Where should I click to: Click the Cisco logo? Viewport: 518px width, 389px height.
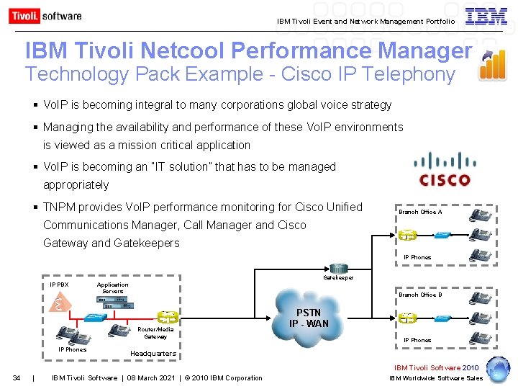coord(445,171)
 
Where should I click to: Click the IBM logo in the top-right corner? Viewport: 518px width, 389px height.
coord(486,17)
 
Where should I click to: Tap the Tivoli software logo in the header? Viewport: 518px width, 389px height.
coord(45,16)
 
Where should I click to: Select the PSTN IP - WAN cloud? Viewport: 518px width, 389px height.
coord(309,317)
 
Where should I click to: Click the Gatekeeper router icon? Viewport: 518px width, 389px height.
coord(338,268)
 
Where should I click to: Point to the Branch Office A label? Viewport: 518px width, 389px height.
coord(420,212)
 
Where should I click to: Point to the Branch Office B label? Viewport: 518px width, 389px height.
coord(420,295)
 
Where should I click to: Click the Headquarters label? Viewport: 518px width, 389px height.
coord(153,354)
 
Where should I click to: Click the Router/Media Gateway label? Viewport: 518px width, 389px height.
coord(155,333)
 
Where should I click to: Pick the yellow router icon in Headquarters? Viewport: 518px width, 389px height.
coord(168,316)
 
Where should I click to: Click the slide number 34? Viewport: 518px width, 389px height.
coord(16,378)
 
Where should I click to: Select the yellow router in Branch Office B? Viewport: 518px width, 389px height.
coord(407,318)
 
